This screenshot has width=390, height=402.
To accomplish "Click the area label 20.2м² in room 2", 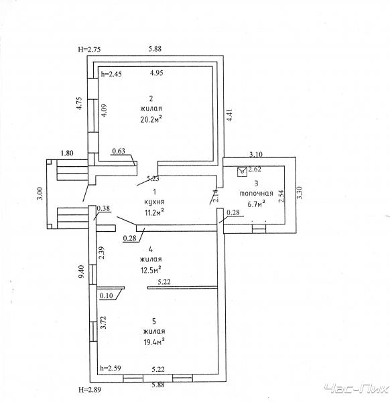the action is (151, 119).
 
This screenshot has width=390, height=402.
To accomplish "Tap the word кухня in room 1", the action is (154, 202).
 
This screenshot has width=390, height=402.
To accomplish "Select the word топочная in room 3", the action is (256, 194).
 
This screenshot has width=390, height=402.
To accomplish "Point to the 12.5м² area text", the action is (151, 270).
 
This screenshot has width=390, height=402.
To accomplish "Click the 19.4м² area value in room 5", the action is (154, 342).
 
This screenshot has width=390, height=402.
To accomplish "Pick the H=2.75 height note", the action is (89, 49).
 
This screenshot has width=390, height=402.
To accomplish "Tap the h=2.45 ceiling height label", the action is (111, 74).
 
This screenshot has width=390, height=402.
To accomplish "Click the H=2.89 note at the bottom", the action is (90, 390).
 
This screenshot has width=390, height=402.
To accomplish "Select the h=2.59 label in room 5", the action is (111, 368).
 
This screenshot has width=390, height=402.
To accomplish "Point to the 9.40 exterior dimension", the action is (81, 272).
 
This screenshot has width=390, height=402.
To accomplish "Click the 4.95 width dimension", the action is (156, 73).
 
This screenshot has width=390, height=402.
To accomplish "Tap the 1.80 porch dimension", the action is (67, 153).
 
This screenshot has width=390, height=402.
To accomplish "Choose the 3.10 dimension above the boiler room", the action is (256, 154).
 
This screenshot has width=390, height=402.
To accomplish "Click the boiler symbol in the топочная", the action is (242, 172).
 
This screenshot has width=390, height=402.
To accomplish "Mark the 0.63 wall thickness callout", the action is (119, 151).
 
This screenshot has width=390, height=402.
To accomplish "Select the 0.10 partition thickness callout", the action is (106, 295).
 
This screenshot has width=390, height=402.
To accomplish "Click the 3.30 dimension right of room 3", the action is (300, 192).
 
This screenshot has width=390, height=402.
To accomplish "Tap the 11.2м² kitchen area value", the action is (154, 212).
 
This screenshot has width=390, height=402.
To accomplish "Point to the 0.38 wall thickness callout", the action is (103, 208).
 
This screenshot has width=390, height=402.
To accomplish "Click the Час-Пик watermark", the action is (356, 389).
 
